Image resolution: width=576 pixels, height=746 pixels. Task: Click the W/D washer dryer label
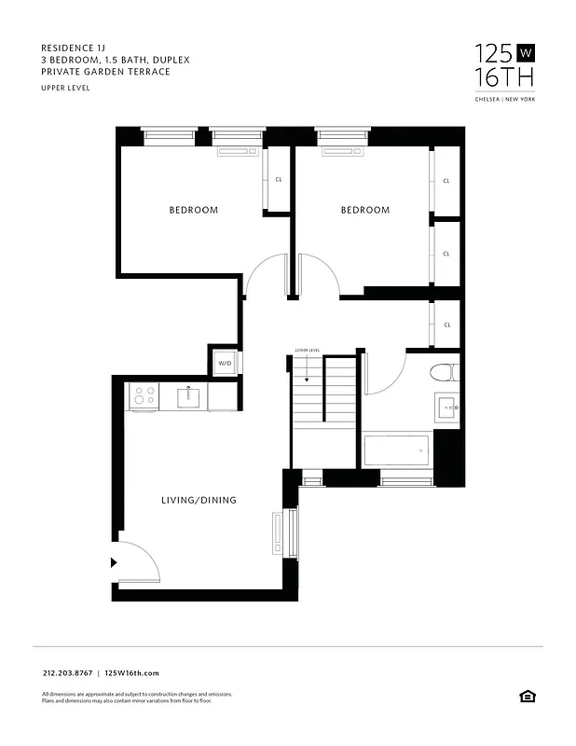225,363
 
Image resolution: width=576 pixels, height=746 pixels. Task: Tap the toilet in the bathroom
442,374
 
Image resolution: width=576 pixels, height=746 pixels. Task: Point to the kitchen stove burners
144,396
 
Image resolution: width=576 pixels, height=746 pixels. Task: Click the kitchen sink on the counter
188,397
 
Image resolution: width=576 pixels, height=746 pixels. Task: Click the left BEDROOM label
194,210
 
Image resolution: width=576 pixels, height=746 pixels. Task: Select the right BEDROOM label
364,210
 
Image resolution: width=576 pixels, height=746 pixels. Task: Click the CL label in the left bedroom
279,180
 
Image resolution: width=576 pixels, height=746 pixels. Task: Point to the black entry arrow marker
114,562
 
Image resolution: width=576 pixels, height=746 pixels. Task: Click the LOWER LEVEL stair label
308,351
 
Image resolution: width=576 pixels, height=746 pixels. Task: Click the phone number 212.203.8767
68,672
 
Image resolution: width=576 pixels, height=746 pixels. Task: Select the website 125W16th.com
132,672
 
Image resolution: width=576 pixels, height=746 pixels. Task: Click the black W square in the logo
525,52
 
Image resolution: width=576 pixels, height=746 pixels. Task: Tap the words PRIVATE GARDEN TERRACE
105,72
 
